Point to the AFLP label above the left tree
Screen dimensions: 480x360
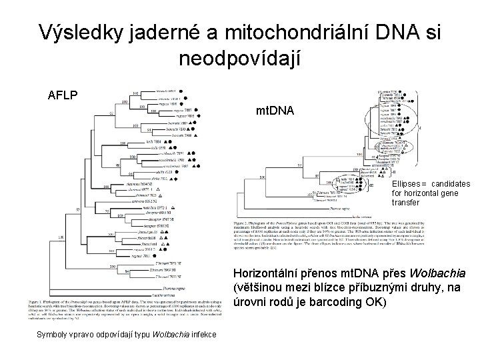pyautogui.click(x=63, y=95)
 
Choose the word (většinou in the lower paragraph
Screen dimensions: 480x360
pyautogui.click(x=261, y=288)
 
